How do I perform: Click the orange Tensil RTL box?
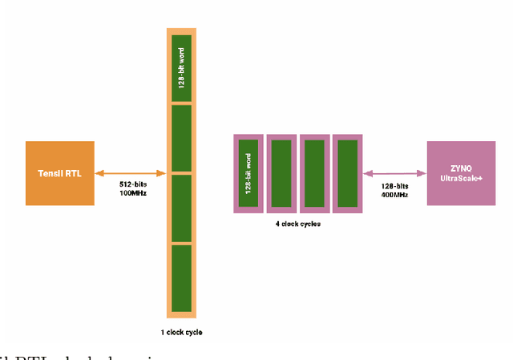[x=60, y=172]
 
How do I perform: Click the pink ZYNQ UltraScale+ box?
[x=461, y=172]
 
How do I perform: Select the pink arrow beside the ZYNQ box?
[x=394, y=172]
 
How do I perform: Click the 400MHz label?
[x=394, y=195]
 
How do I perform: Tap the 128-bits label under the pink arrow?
[x=394, y=185]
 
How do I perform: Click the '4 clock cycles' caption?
[x=297, y=224]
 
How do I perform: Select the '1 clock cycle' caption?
[x=181, y=331]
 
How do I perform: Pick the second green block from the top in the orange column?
[x=181, y=138]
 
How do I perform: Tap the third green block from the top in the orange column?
[x=181, y=208]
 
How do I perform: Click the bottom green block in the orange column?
[x=181, y=277]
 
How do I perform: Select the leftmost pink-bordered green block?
[x=248, y=173]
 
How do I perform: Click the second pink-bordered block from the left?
[x=281, y=173]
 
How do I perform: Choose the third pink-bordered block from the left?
[x=314, y=173]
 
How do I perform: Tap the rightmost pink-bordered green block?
[x=347, y=173]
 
